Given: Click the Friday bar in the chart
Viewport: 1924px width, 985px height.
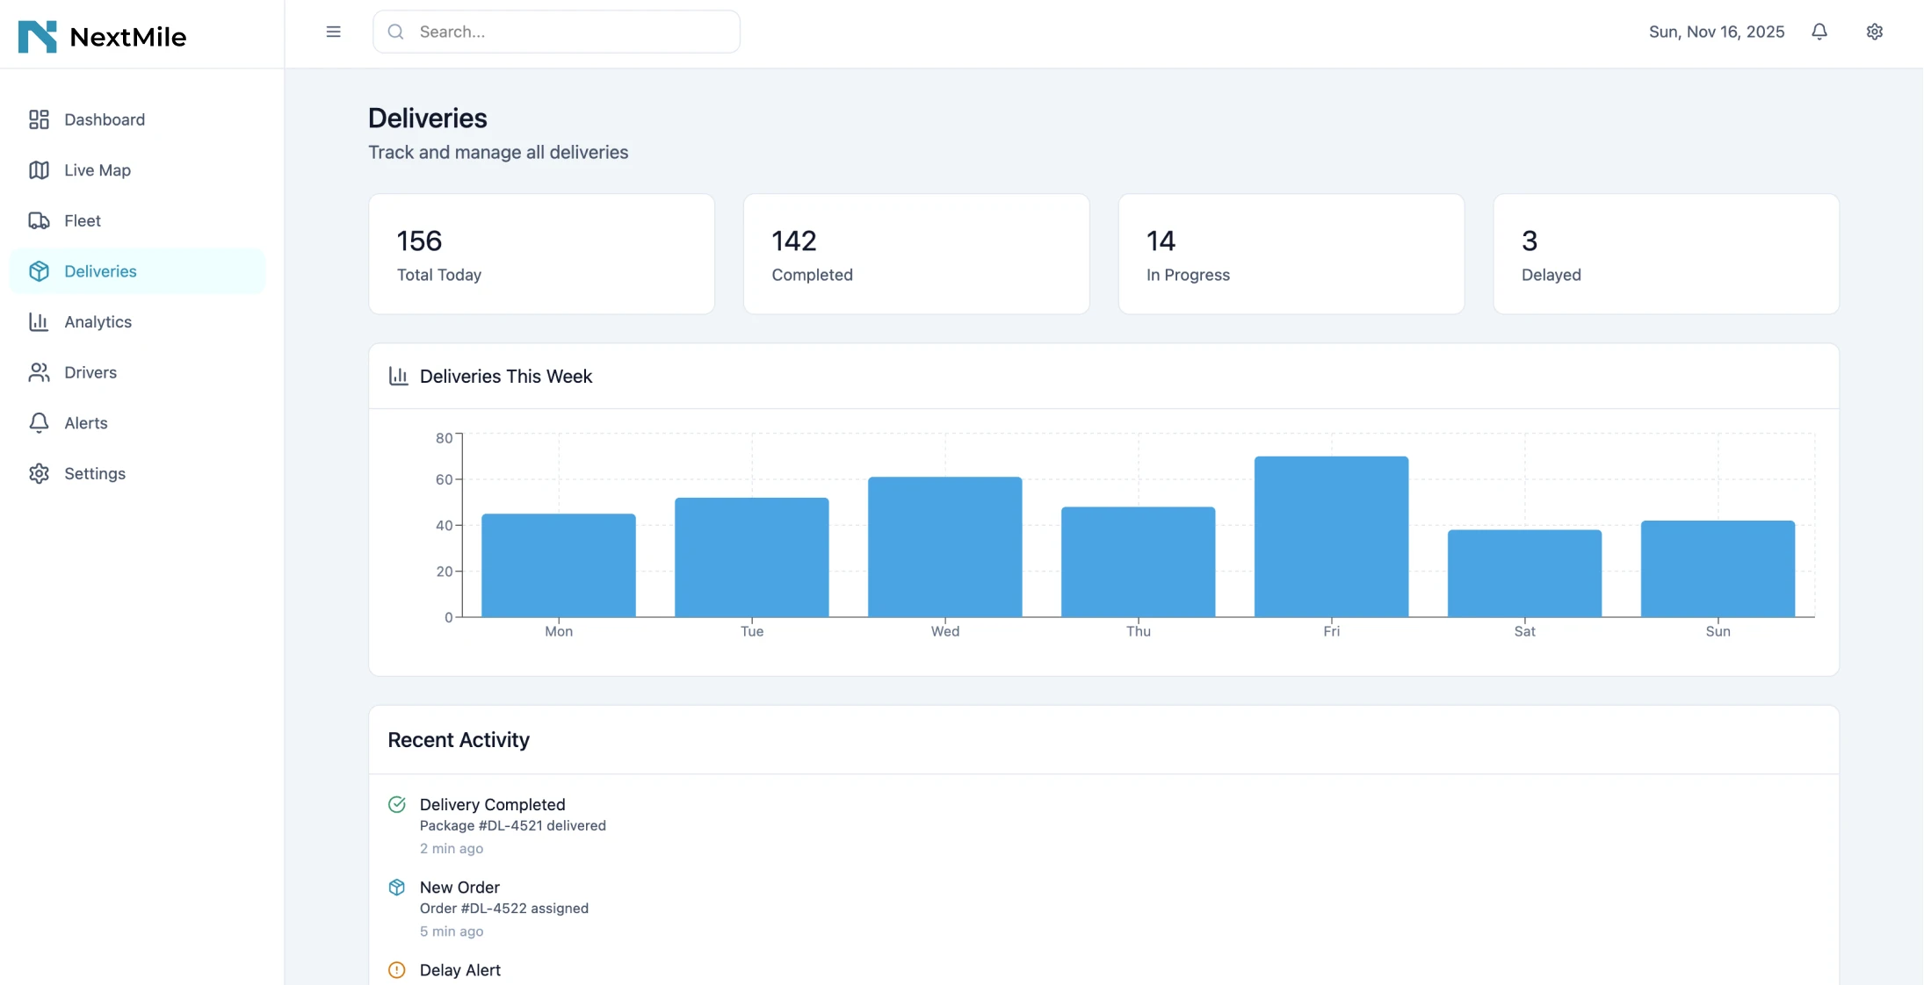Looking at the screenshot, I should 1331,536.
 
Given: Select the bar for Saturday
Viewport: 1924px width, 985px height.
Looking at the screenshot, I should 1524,573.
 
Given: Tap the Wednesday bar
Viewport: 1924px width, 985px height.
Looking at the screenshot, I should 944,547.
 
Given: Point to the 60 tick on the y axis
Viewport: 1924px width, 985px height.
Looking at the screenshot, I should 445,479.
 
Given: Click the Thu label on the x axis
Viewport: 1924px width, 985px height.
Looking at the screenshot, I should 1138,631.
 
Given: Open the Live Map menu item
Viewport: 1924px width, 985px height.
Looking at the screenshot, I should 97,170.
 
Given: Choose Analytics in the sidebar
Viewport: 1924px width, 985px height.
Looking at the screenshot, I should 98,322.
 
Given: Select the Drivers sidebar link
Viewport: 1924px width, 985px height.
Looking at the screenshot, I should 90,372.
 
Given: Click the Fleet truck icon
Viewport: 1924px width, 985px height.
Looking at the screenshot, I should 39,220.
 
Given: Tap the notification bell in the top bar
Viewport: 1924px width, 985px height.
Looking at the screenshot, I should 1819,32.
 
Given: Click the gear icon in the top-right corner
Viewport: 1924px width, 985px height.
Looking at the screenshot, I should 1874,32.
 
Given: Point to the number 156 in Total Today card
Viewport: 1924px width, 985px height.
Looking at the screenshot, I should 419,241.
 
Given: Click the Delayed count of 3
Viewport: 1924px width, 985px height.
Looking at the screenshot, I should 1530,241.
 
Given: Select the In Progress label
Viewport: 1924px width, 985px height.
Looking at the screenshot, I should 1188,275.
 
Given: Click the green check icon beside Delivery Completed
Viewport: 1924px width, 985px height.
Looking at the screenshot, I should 397,804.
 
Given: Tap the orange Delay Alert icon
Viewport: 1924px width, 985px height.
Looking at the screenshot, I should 397,970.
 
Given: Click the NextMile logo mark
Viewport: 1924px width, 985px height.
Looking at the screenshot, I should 38,37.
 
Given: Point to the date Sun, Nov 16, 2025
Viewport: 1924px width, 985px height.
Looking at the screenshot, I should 1716,32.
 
